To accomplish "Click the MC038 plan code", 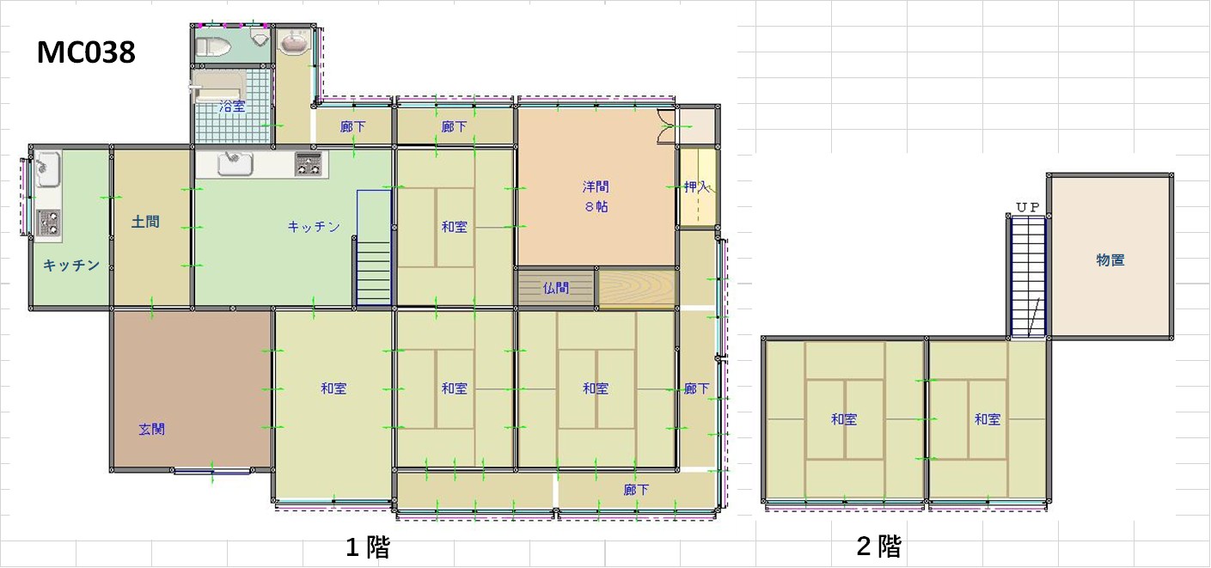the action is [x=86, y=52].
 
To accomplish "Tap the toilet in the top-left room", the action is [x=212, y=47].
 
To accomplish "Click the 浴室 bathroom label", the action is [x=232, y=107].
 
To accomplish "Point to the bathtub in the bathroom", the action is [x=218, y=87].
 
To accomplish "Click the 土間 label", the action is [x=145, y=222].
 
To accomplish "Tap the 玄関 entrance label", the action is [x=151, y=429].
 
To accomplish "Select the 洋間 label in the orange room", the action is [x=596, y=187].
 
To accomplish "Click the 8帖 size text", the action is [x=596, y=206].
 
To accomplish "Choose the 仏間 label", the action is [x=556, y=288].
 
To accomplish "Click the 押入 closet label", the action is [x=696, y=187].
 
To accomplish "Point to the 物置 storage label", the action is [x=1110, y=260].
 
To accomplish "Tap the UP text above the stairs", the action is [x=1028, y=207].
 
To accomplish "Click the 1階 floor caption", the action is [x=368, y=547].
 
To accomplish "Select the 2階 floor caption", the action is [x=879, y=546].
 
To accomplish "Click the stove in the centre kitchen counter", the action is [x=309, y=163].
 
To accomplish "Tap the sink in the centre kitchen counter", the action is [x=235, y=163].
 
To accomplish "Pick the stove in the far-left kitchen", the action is [x=48, y=222].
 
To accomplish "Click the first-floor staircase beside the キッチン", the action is [x=374, y=247].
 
